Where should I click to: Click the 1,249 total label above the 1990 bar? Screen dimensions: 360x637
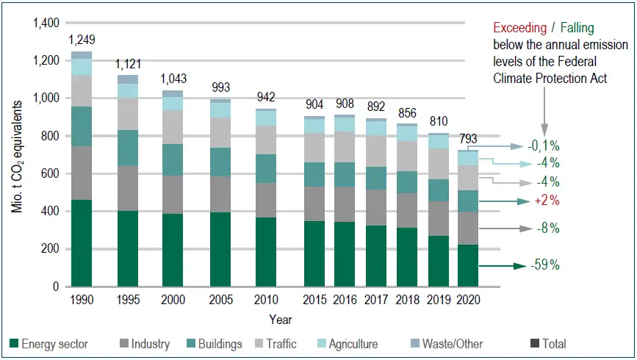pos(82,40)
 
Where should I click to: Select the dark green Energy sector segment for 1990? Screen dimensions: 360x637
pos(82,242)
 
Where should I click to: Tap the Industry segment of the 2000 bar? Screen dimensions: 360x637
pos(173,194)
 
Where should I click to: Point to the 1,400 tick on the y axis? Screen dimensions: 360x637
pos(46,24)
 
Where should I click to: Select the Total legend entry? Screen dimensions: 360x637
pos(547,344)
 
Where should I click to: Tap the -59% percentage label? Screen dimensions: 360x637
pos(544,263)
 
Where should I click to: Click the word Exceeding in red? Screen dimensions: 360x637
pos(519,28)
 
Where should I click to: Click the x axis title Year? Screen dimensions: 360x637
pos(279,320)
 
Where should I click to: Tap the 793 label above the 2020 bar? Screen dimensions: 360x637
pos(467,139)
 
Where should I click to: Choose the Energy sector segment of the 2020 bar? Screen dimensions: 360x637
pos(467,265)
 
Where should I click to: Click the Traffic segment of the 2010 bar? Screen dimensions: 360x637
pos(264,140)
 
